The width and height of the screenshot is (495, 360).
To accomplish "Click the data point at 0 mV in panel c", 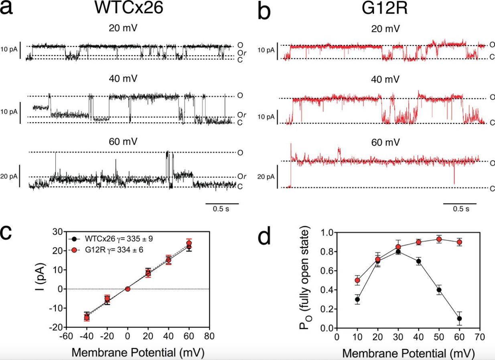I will [x=128, y=289].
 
